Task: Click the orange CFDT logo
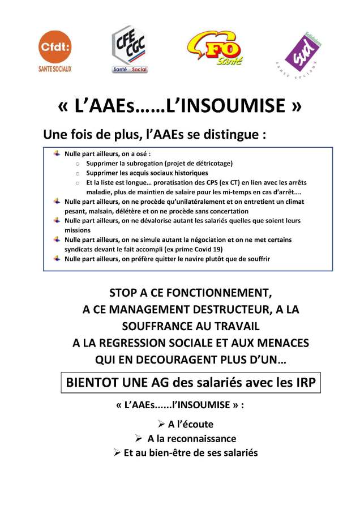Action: click(x=55, y=49)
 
